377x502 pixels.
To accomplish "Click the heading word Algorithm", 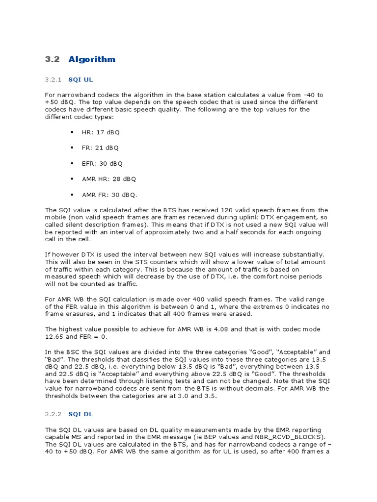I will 92,59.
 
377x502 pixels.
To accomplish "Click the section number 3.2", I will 52,59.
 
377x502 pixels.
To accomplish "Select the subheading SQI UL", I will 81,79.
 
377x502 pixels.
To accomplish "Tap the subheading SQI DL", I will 81,414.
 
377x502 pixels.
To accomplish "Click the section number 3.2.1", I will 53,79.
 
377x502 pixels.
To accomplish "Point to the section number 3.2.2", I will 53,414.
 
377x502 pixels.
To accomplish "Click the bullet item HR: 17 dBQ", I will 100,132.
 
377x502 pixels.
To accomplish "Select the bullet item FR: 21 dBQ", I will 100,148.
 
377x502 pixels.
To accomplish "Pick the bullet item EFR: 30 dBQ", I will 102,163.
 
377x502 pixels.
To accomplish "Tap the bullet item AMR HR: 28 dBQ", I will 109,179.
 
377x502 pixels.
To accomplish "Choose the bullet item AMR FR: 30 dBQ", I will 109,195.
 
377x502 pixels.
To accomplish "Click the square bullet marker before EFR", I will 72,163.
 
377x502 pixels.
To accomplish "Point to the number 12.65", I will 54,337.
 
